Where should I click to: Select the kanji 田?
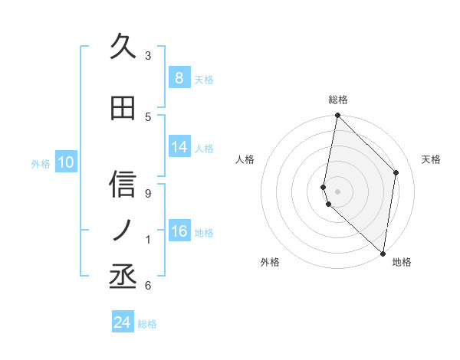123,109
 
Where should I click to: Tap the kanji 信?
123,185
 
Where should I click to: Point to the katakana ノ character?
123,229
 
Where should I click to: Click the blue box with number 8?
179,77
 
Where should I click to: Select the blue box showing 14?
179,147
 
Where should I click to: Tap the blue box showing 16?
179,231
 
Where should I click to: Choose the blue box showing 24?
122,322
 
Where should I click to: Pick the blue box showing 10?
65,162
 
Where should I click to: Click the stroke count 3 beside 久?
148,55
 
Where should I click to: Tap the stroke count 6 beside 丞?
148,286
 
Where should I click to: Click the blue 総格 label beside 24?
147,324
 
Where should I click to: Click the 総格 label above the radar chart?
337,100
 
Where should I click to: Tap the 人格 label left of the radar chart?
245,159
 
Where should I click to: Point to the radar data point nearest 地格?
383,253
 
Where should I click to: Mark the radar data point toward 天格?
396,172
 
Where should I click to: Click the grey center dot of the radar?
337,191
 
